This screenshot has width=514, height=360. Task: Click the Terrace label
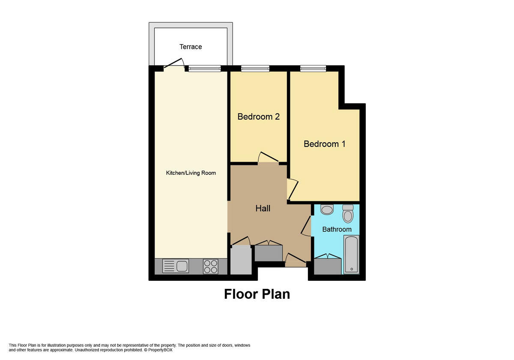(191, 47)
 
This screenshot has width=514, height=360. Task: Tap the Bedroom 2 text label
(258, 117)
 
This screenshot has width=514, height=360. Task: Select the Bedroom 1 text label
(324, 144)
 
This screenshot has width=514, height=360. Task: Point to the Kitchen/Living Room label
(191, 173)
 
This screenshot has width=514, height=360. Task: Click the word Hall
(263, 208)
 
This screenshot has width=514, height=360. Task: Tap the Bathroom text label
(337, 229)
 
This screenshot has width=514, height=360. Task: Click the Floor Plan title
(257, 294)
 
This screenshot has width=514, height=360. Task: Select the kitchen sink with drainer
(176, 267)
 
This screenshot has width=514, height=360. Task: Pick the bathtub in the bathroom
(351, 254)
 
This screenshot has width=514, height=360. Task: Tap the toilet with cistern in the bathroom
(348, 213)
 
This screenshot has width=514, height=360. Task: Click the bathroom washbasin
(327, 210)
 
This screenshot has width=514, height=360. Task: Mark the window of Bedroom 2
(255, 68)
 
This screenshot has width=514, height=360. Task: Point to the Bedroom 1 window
(313, 68)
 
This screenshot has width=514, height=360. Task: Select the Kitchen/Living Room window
(204, 68)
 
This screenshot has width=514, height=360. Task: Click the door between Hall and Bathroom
(307, 226)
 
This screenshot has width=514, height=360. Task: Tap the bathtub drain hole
(351, 270)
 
